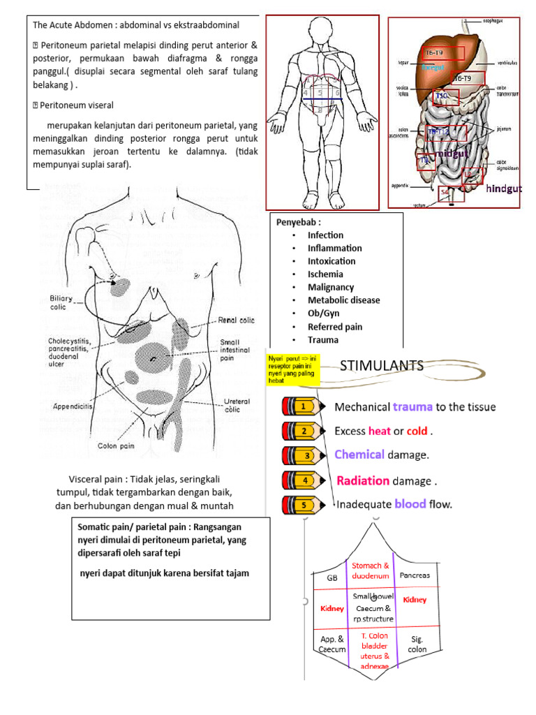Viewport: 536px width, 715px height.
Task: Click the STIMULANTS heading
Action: click(x=381, y=365)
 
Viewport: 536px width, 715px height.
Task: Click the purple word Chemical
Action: click(x=359, y=455)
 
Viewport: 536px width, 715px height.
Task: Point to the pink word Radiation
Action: click(x=363, y=480)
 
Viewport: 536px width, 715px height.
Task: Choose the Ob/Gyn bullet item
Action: click(x=324, y=314)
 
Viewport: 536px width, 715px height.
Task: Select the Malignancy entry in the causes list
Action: click(x=331, y=287)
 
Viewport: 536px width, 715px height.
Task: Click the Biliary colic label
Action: click(x=63, y=302)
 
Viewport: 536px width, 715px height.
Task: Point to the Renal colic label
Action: click(x=237, y=320)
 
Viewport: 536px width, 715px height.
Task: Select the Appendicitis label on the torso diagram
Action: click(x=73, y=404)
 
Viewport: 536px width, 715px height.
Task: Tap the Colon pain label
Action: click(x=116, y=444)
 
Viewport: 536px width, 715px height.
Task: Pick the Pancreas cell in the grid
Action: click(x=415, y=575)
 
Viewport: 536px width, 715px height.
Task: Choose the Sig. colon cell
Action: click(x=417, y=644)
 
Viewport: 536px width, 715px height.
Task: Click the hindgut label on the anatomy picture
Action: click(x=503, y=189)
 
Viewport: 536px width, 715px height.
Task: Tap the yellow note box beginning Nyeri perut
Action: click(x=293, y=369)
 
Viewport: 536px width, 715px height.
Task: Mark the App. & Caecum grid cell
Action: click(x=332, y=644)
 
